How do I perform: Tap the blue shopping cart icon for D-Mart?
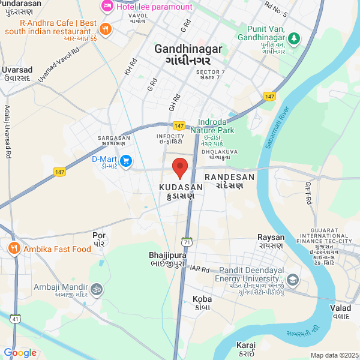click(x=126, y=161)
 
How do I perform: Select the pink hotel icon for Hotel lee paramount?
click(x=107, y=7)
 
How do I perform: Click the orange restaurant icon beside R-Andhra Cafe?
click(x=106, y=28)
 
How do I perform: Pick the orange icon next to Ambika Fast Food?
click(x=13, y=248)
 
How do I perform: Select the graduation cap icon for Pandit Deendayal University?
click(x=293, y=280)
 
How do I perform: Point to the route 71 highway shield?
click(x=188, y=242)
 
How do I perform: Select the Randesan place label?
click(x=229, y=178)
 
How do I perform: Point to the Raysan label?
click(x=270, y=237)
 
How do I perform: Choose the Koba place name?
click(x=202, y=298)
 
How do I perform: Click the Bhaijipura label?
click(x=167, y=255)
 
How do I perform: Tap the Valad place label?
click(x=340, y=308)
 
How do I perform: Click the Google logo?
click(x=20, y=353)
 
